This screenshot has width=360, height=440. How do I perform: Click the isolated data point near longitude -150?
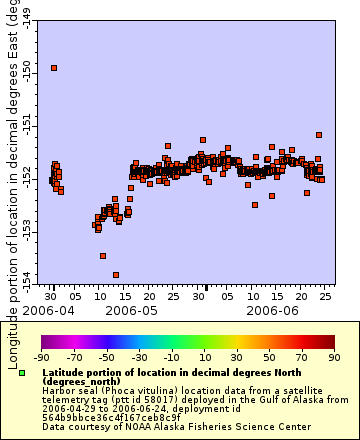(x=54, y=68)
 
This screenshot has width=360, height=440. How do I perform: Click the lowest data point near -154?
(x=116, y=275)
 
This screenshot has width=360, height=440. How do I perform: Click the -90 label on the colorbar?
(x=42, y=357)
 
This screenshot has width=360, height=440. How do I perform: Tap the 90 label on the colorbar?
(x=332, y=357)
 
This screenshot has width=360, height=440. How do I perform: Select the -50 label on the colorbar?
(x=106, y=357)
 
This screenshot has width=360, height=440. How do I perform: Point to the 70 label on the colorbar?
(x=300, y=357)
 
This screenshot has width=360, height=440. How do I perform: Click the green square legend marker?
(x=22, y=373)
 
